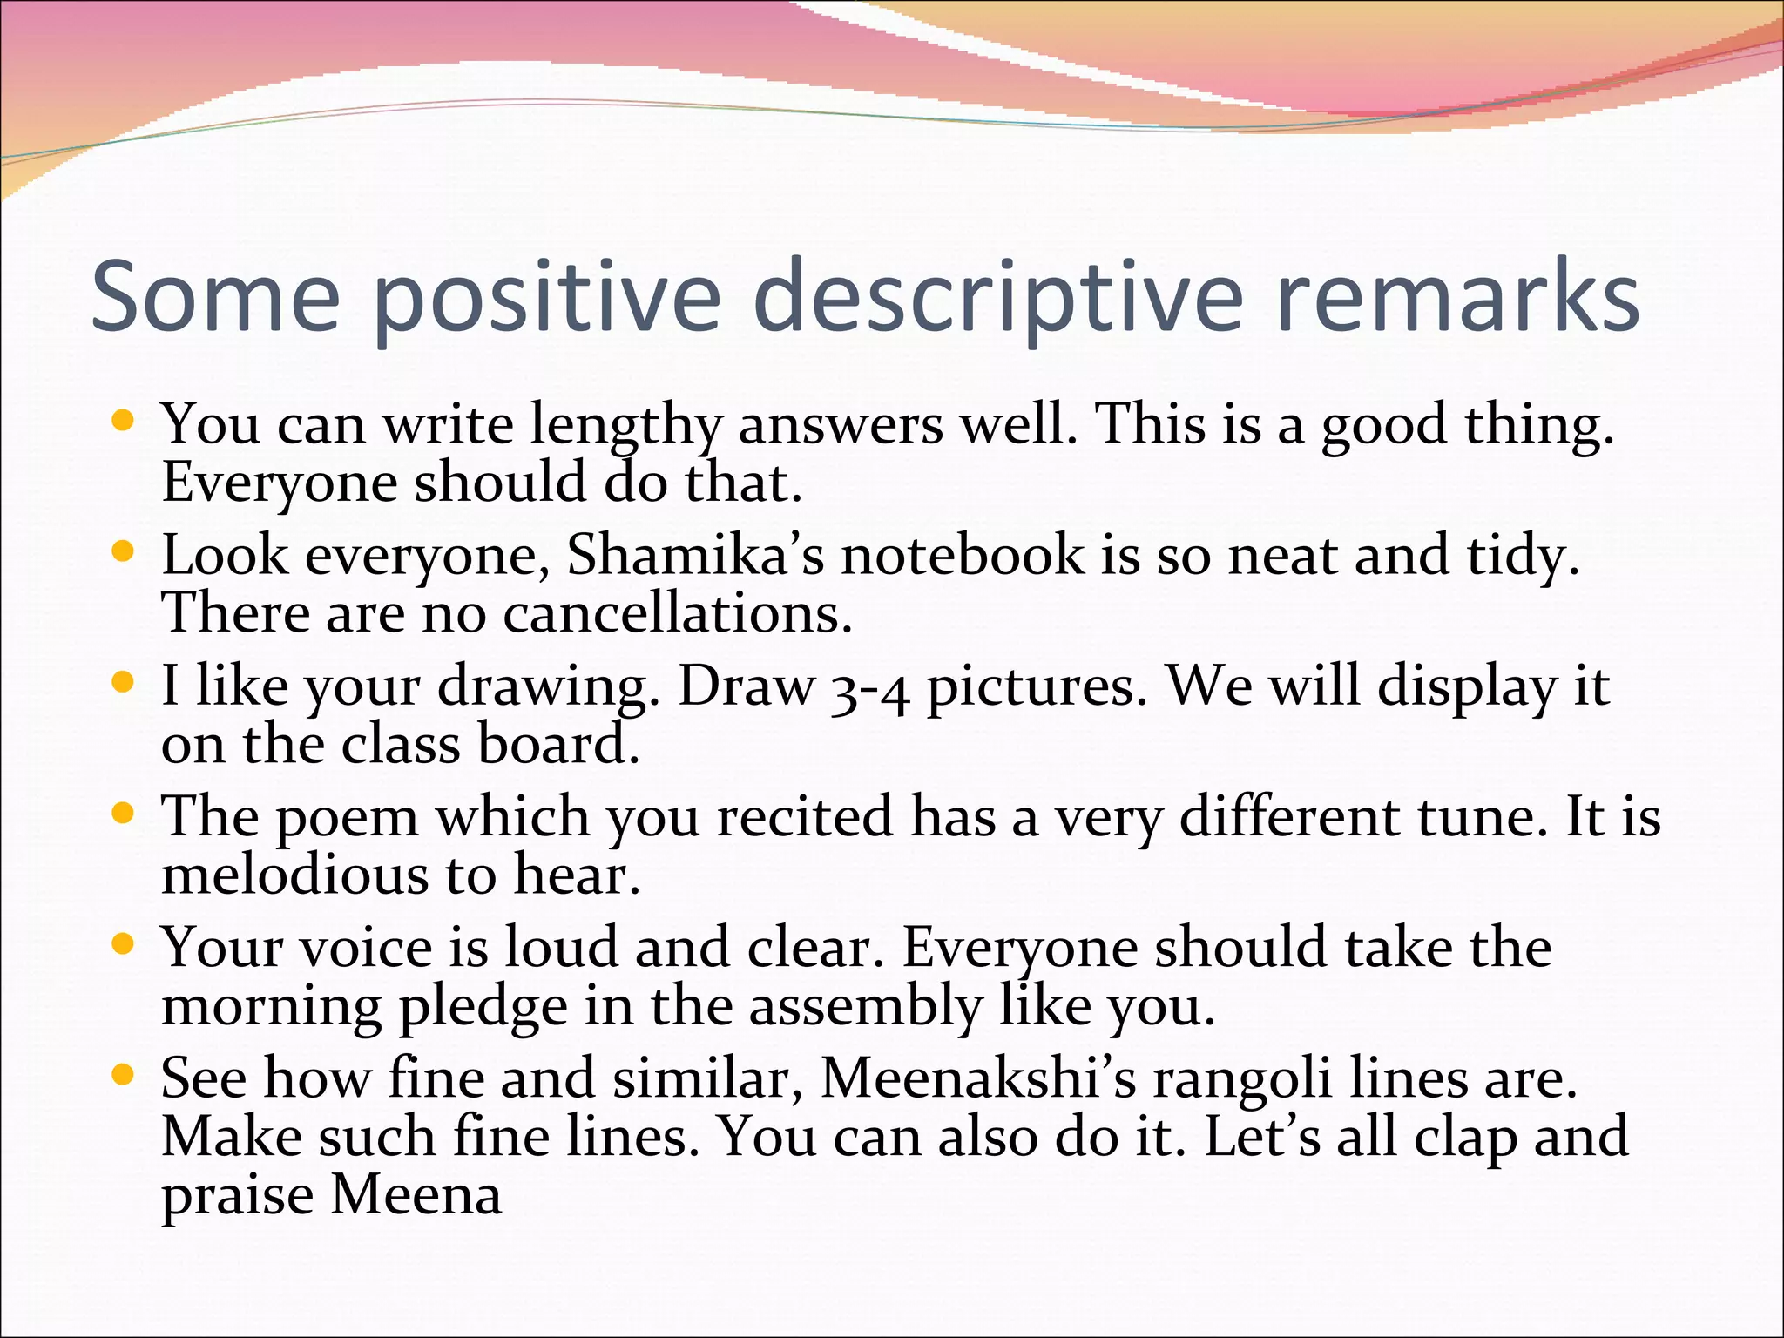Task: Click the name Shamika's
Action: [x=695, y=555]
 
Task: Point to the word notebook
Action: [x=963, y=555]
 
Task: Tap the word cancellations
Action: [x=677, y=614]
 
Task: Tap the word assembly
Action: [x=865, y=1008]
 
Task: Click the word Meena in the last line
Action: [x=416, y=1195]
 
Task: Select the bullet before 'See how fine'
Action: [x=124, y=1075]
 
